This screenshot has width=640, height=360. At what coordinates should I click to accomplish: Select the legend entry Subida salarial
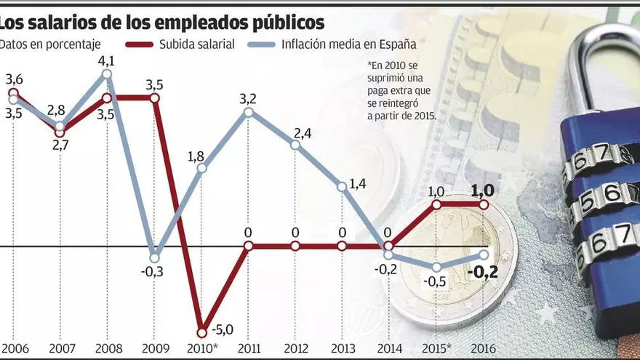[x=196, y=44]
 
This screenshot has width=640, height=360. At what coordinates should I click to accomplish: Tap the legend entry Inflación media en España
[x=352, y=44]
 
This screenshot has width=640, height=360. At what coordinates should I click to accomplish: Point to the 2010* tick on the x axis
[x=202, y=348]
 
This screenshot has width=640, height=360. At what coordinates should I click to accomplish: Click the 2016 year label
[x=484, y=348]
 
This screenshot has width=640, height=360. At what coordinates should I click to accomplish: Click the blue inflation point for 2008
[x=107, y=73]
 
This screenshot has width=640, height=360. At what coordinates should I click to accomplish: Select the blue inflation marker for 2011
[x=249, y=112]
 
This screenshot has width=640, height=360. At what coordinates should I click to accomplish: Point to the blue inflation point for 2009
[x=154, y=256]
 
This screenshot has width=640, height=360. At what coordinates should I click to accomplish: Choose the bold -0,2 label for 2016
[x=483, y=273]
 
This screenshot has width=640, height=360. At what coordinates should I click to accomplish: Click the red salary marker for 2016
[x=484, y=205]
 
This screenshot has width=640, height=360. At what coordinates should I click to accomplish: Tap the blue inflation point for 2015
[x=436, y=267]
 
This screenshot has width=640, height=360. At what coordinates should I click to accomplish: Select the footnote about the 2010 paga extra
[x=400, y=89]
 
